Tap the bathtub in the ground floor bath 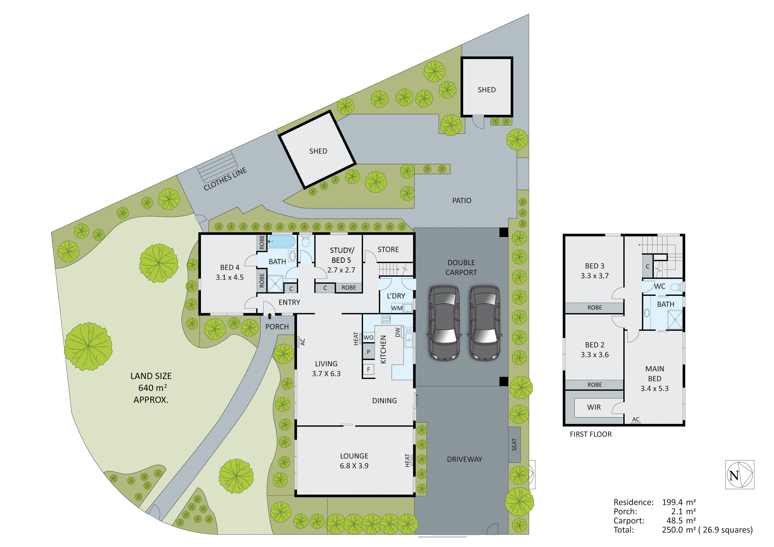click(x=281, y=241)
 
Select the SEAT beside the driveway click(x=514, y=444)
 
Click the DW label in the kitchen click(x=398, y=332)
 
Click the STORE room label click(x=388, y=249)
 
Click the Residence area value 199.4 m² click(x=678, y=502)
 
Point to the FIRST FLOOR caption click(x=591, y=434)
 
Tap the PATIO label click(x=461, y=201)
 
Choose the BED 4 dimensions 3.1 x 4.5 click(x=230, y=277)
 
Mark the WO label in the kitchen click(x=368, y=337)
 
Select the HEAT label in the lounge click(x=407, y=460)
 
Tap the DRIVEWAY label click(x=464, y=459)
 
